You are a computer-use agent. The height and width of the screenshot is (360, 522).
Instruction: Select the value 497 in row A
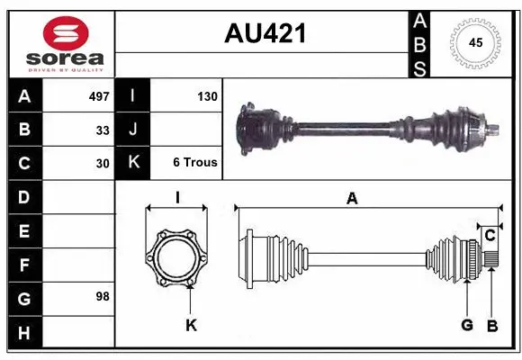98,95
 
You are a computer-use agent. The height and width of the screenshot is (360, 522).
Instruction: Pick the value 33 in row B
103,130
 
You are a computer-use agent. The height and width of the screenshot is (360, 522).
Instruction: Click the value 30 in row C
103,163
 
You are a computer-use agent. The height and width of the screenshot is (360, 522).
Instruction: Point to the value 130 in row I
206,95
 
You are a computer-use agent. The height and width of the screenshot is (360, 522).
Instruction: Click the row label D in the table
24,196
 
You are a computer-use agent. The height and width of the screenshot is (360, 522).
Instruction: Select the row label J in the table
132,130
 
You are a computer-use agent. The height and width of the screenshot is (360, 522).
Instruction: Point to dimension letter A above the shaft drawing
352,199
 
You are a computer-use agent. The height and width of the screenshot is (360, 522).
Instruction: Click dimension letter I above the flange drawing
177,197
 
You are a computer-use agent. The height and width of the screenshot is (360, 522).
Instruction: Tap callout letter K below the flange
191,325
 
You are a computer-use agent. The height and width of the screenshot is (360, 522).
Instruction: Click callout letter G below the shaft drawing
467,325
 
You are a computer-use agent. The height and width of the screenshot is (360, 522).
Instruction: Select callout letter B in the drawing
491,325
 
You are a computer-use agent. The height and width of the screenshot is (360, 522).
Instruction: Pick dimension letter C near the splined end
490,236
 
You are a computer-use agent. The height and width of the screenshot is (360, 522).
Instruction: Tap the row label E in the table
24,231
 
